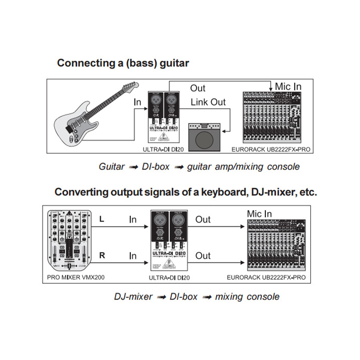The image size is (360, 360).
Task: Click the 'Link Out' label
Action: pyautogui.click(x=208, y=102)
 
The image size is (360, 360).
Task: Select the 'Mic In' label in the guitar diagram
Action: pyautogui.click(x=288, y=87)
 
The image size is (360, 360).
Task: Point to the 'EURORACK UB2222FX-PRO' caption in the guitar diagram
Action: pyautogui.click(x=271, y=150)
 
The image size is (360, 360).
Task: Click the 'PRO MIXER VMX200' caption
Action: pyautogui.click(x=76, y=277)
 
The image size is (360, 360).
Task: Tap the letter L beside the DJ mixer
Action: pyautogui.click(x=101, y=219)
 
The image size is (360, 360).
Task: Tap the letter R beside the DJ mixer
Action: pyautogui.click(x=102, y=255)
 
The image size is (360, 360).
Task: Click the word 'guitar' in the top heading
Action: pyautogui.click(x=174, y=63)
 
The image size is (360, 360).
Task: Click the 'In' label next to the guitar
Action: pyautogui.click(x=137, y=102)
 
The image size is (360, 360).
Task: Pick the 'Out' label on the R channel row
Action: pyautogui.click(x=203, y=256)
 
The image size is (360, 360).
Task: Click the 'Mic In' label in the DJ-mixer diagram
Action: pyautogui.click(x=259, y=214)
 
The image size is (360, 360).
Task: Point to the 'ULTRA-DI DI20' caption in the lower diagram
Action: pyautogui.click(x=169, y=278)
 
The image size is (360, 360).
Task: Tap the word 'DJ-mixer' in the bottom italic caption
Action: pyautogui.click(x=133, y=297)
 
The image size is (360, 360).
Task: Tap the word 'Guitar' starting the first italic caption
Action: pyautogui.click(x=111, y=167)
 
